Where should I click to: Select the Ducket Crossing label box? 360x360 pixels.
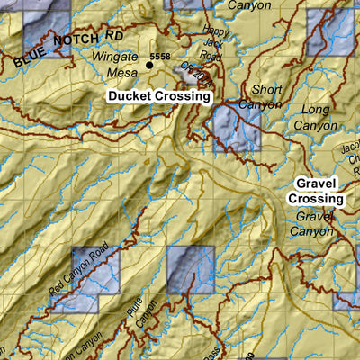(x=157, y=95)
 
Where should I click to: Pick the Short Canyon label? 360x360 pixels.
(x=265, y=96)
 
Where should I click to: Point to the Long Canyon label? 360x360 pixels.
(x=315, y=117)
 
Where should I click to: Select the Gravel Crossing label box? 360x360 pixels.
(x=315, y=190)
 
